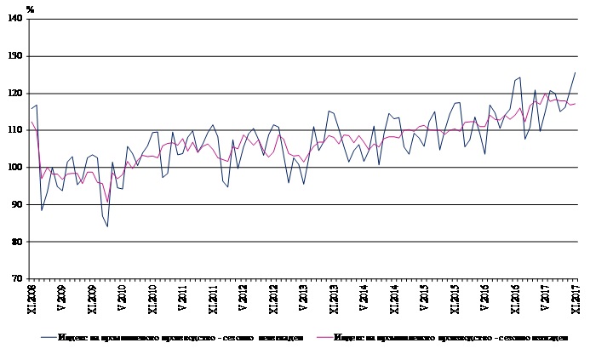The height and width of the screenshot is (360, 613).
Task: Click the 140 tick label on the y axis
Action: tap(17, 20)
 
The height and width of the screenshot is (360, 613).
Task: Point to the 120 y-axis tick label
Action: tap(17, 94)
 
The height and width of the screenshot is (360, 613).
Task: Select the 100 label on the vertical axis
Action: tap(17, 168)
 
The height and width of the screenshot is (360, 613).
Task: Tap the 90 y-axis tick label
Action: tap(19, 205)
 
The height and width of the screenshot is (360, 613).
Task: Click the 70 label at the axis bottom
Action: tap(19, 279)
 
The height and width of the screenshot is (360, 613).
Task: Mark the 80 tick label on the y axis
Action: tap(19, 242)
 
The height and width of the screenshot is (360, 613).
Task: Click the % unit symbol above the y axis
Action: tap(30, 9)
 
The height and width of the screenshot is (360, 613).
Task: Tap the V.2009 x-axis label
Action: tap(61, 299)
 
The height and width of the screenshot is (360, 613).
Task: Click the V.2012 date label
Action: tap(243, 299)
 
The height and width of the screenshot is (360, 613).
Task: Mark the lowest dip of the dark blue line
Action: tap(107, 226)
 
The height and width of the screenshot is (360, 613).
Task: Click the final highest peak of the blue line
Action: tap(575, 72)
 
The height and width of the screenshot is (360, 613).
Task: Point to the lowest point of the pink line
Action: tap(107, 202)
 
